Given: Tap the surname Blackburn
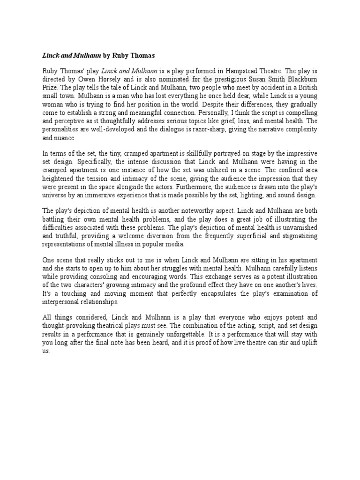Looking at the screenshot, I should point(300,79).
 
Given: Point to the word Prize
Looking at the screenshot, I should point(51,87).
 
